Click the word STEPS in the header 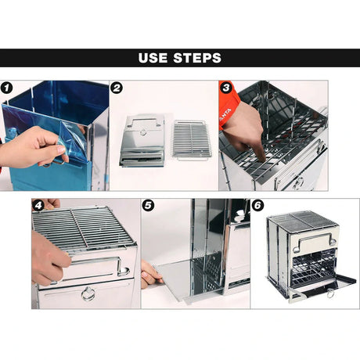coord(196,58)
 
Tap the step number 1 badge coord(7,88)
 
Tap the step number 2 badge coord(117,88)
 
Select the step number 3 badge coord(225,88)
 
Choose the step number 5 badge coord(148,206)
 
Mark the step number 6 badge coord(257,206)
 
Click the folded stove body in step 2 coord(142,141)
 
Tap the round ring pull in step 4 coord(88,294)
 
